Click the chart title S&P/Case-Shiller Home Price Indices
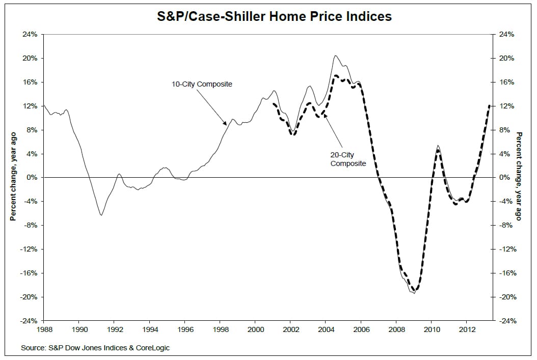click(x=274, y=16)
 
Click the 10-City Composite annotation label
click(x=202, y=84)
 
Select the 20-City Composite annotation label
click(x=348, y=159)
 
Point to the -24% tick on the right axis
click(x=506, y=321)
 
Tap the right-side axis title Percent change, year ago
click(x=519, y=176)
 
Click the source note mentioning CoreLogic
click(x=95, y=348)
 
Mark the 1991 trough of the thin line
click(x=101, y=215)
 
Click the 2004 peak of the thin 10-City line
click(x=335, y=56)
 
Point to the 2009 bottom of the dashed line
click(x=414, y=291)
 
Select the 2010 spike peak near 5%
click(x=438, y=146)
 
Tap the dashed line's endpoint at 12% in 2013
click(x=490, y=105)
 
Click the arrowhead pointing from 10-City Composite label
click(x=225, y=124)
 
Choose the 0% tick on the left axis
click(x=32, y=178)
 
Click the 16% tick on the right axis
click(x=506, y=82)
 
